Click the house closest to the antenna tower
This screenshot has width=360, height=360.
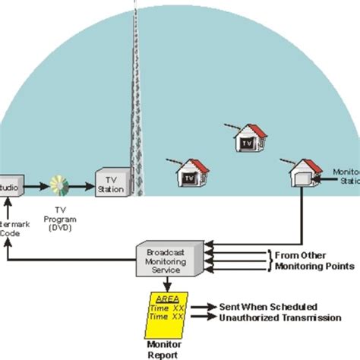click(191, 173)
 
